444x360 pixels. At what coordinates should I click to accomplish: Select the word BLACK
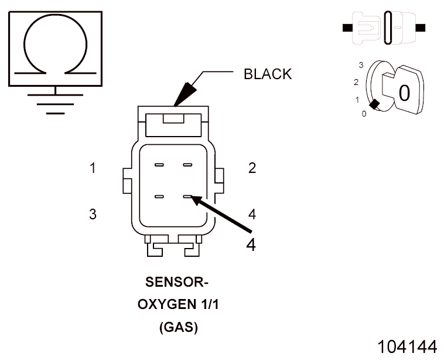[x=267, y=74]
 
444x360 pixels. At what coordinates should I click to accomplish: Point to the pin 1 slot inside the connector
[x=159, y=165]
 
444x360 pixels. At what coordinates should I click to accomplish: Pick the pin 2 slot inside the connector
[x=187, y=165]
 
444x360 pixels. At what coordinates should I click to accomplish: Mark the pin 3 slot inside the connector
[x=159, y=197]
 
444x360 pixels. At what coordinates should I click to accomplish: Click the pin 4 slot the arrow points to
[x=187, y=197]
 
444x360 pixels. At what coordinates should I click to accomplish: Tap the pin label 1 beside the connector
[x=93, y=168]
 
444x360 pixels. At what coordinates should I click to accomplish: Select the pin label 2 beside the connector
[x=252, y=168]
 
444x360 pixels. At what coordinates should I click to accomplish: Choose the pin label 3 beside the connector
[x=93, y=214]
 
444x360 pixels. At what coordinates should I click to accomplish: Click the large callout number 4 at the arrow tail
[x=251, y=244]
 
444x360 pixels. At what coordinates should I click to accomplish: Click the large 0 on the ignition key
[x=404, y=93]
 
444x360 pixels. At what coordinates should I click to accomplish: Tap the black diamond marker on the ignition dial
[x=375, y=104]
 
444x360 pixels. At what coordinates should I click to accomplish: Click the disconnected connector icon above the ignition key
[x=384, y=28]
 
